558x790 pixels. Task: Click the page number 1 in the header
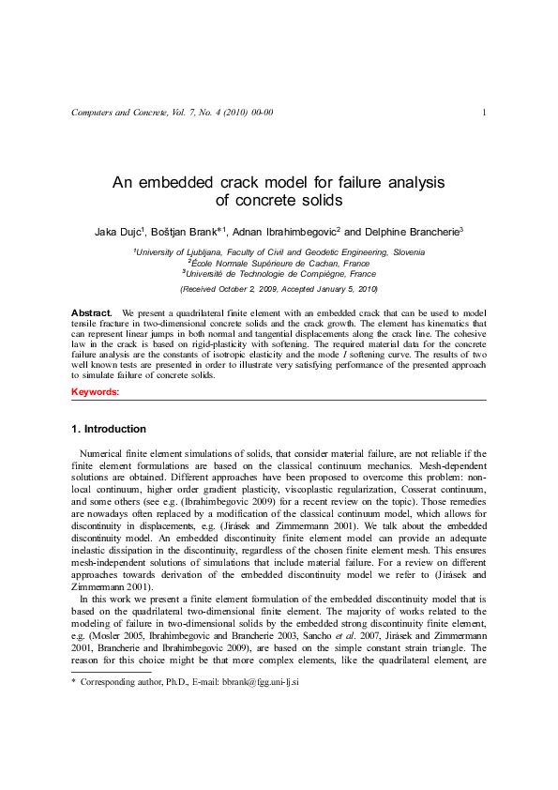coord(483,114)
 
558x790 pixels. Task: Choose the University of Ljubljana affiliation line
coord(279,252)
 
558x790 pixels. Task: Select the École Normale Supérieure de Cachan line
coord(279,264)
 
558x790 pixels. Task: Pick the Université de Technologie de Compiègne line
coord(279,274)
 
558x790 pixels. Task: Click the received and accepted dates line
coord(279,289)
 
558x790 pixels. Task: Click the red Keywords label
coord(95,390)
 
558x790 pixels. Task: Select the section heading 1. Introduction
coord(109,430)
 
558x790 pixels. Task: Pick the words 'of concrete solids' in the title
coord(279,200)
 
